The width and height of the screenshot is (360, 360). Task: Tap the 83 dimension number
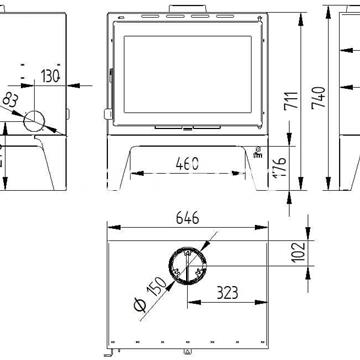pos(11,99)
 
